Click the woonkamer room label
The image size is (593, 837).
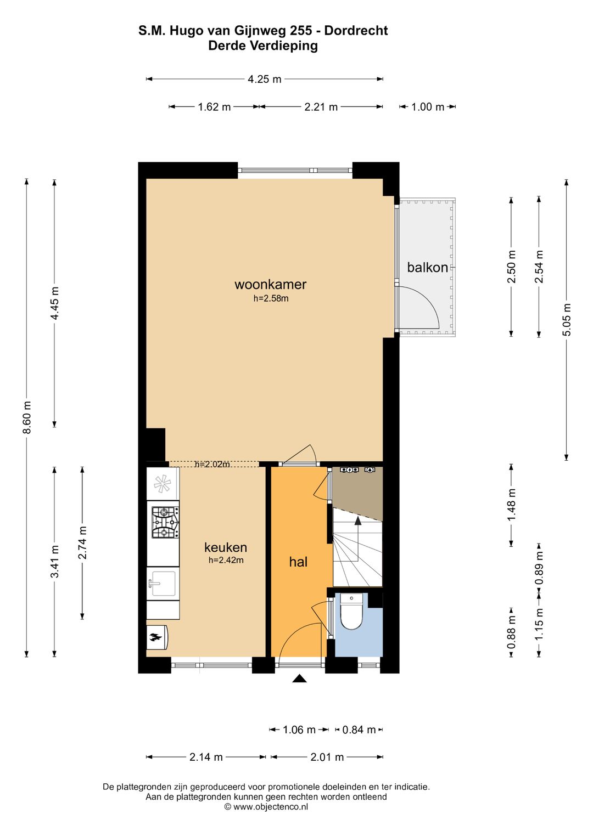click(x=270, y=284)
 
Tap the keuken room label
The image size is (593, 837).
click(x=226, y=547)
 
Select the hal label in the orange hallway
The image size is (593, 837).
click(x=298, y=562)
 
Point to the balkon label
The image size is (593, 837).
click(x=427, y=267)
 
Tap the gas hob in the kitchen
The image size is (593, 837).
click(x=165, y=522)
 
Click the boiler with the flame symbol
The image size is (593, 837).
click(x=157, y=637)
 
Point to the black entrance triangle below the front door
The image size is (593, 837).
click(x=299, y=678)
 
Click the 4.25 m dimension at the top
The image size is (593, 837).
click(x=264, y=79)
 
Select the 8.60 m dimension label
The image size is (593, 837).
click(x=26, y=417)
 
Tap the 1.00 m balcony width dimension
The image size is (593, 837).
click(x=427, y=107)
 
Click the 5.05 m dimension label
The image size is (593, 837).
click(x=567, y=319)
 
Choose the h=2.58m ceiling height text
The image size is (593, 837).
click(x=271, y=298)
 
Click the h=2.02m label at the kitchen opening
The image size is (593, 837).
click(x=212, y=464)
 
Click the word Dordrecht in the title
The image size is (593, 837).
click(x=356, y=30)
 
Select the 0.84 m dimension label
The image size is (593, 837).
click(x=359, y=729)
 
